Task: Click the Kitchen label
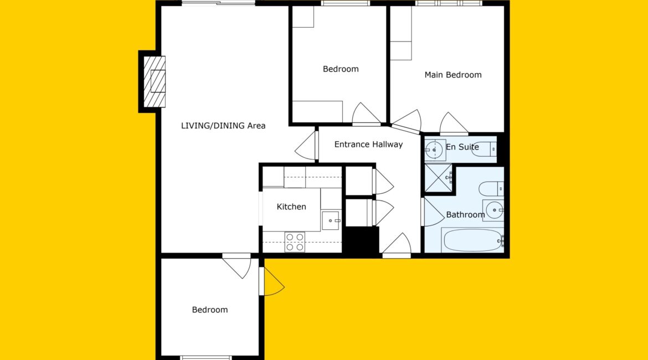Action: point(291,207)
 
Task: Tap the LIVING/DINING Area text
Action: point(223,126)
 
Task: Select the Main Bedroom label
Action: point(453,75)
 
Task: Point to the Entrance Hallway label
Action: point(368,144)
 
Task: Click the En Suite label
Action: point(462,147)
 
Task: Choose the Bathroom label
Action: point(465,214)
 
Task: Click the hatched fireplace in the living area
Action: point(155,81)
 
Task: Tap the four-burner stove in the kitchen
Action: point(295,242)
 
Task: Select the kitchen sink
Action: point(331,220)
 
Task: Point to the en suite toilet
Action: point(484,149)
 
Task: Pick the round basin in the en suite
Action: point(434,150)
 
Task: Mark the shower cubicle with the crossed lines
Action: point(438,178)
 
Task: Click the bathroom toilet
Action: point(491,189)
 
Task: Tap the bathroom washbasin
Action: point(493,210)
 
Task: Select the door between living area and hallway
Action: point(307,146)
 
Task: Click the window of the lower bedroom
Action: point(206,358)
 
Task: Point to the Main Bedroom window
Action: point(449,3)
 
